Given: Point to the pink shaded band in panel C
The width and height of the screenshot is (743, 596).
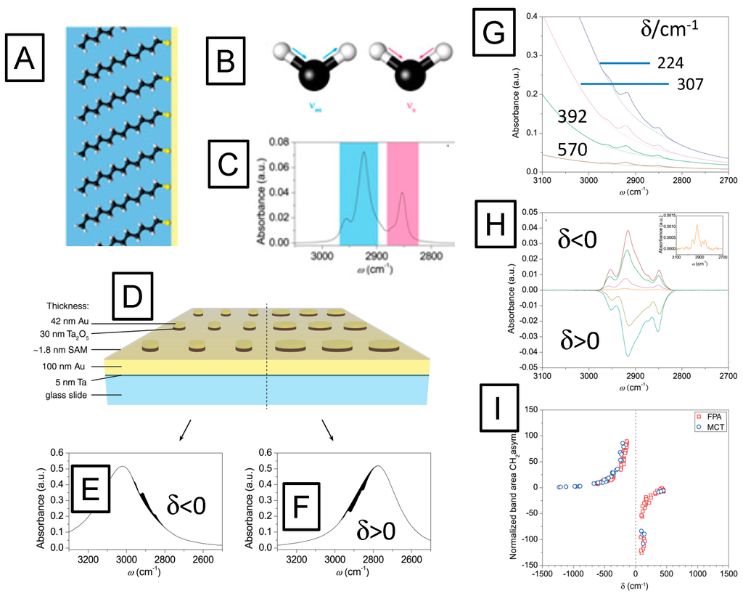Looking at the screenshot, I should tap(403, 193).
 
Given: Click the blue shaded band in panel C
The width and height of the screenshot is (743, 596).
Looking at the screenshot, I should tap(358, 193).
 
